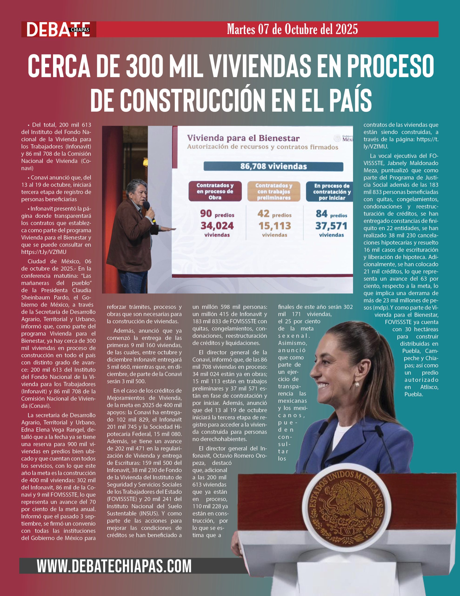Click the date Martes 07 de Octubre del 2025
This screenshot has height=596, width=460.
292,29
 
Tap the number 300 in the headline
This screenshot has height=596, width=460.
144,66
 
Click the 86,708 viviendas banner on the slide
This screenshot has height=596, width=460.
273,166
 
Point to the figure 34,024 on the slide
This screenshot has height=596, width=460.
217,226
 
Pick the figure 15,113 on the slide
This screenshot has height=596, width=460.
274,226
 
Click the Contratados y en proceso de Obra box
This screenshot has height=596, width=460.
215,191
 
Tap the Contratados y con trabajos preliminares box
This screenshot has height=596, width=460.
273,191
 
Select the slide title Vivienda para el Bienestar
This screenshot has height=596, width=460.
243,138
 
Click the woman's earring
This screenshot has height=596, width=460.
357,384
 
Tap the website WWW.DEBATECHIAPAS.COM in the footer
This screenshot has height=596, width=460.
114,566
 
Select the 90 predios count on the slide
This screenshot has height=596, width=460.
217,214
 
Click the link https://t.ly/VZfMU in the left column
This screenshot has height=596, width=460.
44,252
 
